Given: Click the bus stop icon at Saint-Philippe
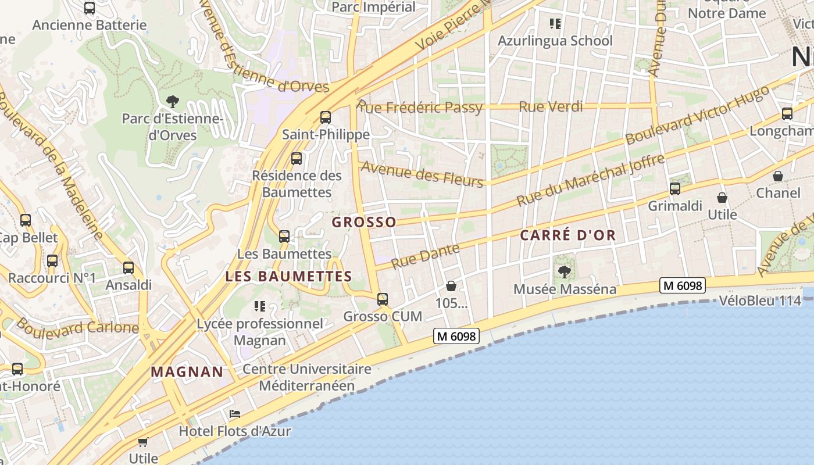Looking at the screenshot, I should [x=326, y=117].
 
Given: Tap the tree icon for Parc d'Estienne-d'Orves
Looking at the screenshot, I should [x=172, y=102].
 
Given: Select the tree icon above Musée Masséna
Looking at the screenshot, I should [x=564, y=271].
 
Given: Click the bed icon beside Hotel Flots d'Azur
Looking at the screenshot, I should [x=235, y=414].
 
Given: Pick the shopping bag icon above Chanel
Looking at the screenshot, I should [x=778, y=176].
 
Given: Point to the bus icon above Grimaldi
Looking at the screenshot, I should [x=675, y=189].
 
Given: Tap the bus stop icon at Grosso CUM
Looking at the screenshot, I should [x=383, y=299].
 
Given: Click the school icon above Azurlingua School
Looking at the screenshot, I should [x=555, y=24].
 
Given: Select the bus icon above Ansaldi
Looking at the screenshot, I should [x=128, y=268].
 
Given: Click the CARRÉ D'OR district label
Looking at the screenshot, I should [x=567, y=235].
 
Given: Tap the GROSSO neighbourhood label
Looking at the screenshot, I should [x=364, y=222].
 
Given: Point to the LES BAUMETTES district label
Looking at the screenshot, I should [x=288, y=276].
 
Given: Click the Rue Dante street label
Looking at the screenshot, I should [x=425, y=256].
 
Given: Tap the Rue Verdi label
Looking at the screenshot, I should [x=551, y=106].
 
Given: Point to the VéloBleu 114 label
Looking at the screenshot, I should [x=760, y=301].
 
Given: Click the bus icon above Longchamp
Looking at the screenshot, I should [x=787, y=114].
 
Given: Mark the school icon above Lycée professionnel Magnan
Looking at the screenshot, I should [x=260, y=306].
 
